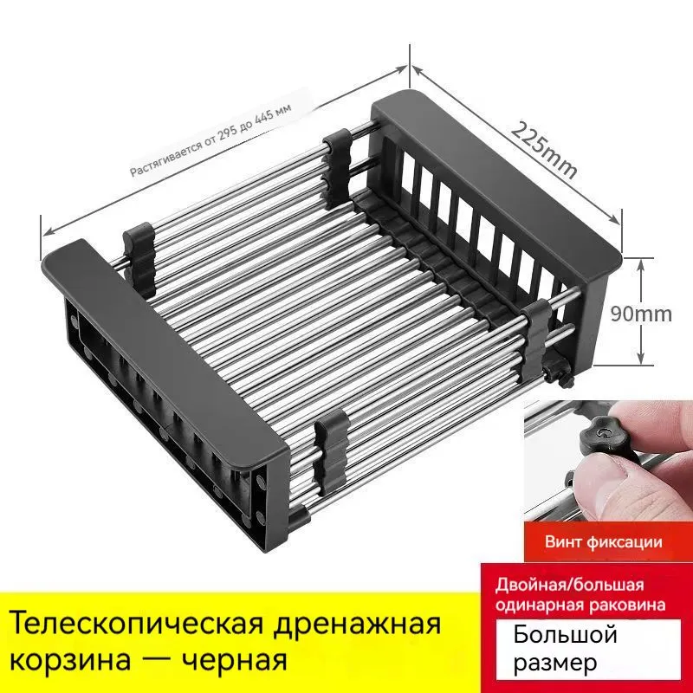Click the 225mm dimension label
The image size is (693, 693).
[x=545, y=149]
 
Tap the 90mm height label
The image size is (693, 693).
[x=641, y=314]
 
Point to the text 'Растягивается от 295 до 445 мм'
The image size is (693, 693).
[x=210, y=139]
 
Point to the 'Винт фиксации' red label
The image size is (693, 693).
[x=603, y=542]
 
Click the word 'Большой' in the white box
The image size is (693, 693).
[x=565, y=636]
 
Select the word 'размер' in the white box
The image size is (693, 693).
[x=555, y=663]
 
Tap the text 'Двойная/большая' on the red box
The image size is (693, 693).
[x=569, y=586]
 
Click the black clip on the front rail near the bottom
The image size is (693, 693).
[x=331, y=450]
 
